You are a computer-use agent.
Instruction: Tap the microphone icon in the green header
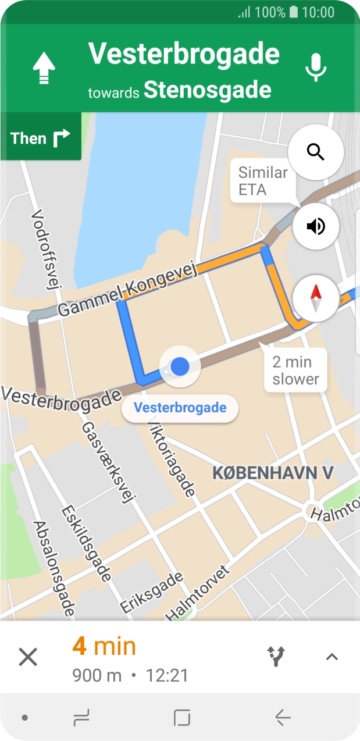[316, 67]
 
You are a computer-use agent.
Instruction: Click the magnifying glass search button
[316, 152]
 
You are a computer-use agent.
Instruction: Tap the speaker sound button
[316, 226]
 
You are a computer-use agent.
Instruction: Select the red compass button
[316, 298]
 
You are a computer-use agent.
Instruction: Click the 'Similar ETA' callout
[263, 181]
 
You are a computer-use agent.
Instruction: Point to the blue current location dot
[180, 366]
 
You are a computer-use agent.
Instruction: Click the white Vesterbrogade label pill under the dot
[180, 408]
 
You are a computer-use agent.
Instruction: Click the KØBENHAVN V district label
[272, 473]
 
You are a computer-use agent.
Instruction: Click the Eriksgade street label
[152, 592]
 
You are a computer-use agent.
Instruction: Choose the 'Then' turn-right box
[40, 138]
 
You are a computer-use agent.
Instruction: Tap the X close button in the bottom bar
[28, 657]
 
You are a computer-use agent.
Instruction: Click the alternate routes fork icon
[276, 657]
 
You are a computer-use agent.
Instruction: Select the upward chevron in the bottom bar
[332, 657]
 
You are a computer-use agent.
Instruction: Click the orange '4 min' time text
[104, 647]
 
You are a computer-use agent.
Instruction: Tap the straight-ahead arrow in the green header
[44, 68]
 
